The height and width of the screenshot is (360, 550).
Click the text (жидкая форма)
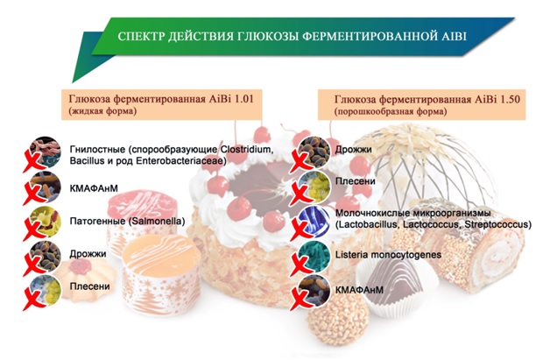(102, 111)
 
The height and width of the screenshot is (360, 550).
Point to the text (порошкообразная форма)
(391, 112)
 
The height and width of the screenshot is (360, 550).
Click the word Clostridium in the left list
(246, 149)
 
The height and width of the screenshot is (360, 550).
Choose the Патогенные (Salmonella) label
(127, 222)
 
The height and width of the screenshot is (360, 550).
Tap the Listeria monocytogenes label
(388, 255)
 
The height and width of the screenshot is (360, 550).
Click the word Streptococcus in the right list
(498, 224)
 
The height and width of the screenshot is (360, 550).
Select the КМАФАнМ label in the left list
(94, 188)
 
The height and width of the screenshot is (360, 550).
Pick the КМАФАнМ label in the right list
(359, 290)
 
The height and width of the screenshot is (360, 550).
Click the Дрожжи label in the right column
(354, 150)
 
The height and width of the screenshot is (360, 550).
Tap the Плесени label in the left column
(90, 286)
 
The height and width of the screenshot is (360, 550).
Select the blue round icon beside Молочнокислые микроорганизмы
(314, 222)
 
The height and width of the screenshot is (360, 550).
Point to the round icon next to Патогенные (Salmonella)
(46, 222)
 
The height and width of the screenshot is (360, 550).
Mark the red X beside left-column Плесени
(34, 300)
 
